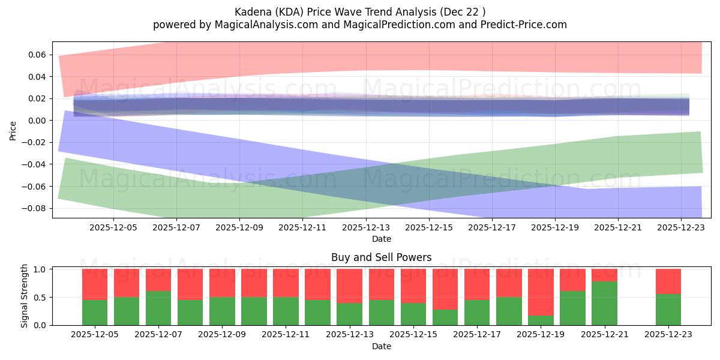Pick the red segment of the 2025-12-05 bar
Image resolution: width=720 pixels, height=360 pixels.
(95, 284)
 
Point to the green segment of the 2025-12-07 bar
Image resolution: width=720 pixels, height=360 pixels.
(158, 308)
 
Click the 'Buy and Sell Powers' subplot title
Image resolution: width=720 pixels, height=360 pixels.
(381, 257)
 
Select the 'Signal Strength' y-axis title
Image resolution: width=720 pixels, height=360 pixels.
(25, 296)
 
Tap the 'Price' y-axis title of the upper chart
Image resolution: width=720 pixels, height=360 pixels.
(13, 130)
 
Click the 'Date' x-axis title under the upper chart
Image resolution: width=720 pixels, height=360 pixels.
(381, 239)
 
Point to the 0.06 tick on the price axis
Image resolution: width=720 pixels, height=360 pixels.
(38, 55)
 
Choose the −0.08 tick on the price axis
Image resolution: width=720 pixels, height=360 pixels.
(35, 208)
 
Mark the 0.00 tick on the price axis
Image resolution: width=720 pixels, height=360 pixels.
(38, 121)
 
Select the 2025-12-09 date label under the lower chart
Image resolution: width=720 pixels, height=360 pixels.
(222, 335)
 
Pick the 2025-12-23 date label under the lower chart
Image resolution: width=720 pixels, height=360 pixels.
(668, 335)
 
